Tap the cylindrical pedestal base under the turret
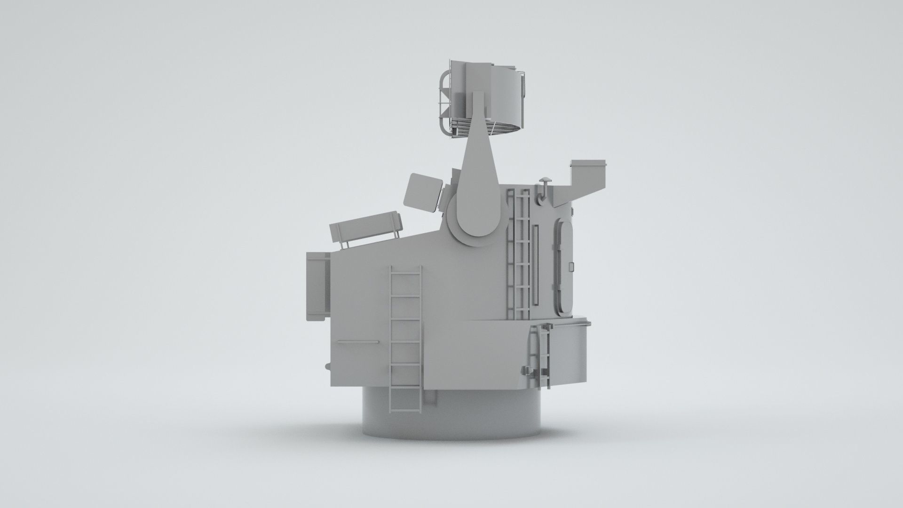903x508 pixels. pyautogui.click(x=451, y=414)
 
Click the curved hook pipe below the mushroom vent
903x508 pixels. pyautogui.click(x=541, y=195)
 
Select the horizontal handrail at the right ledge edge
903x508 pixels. pyautogui.click(x=569, y=322)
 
